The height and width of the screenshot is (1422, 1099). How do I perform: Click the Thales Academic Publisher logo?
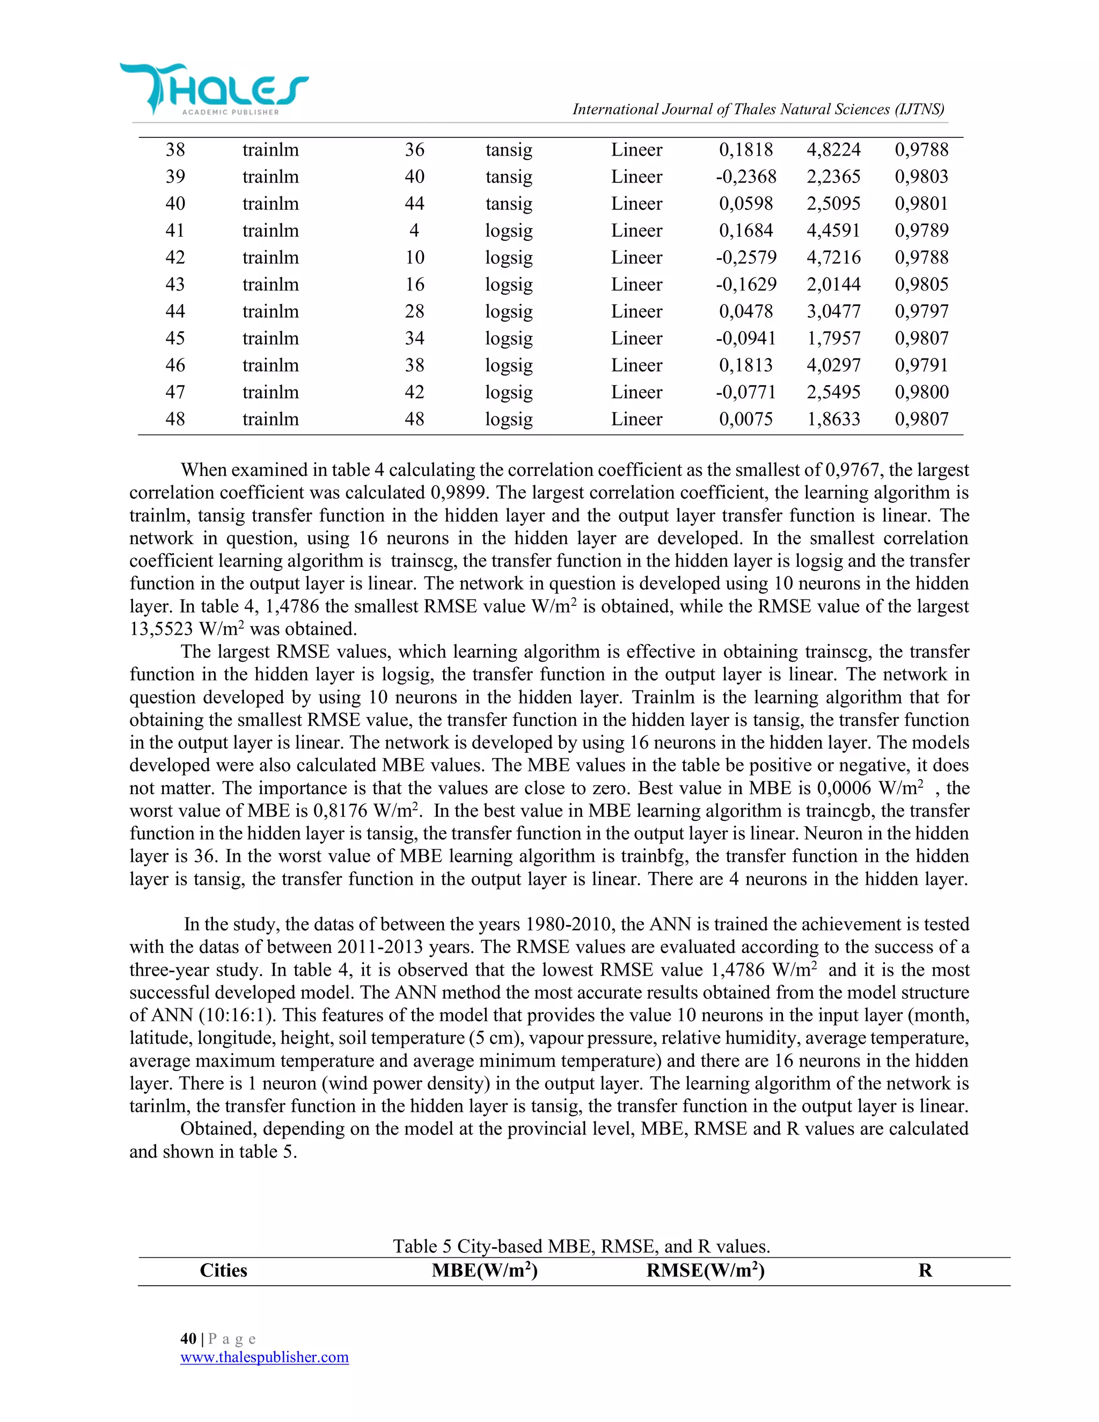coord(214,89)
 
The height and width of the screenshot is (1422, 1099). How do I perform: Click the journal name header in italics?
coord(758,109)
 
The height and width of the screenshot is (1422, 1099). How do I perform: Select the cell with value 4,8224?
coord(833,150)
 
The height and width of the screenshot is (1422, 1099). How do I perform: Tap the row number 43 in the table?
coord(175,284)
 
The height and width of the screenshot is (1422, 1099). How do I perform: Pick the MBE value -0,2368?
coord(746,177)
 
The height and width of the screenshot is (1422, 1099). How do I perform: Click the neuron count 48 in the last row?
coord(414,419)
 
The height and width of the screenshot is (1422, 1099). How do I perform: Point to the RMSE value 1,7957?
coord(833,339)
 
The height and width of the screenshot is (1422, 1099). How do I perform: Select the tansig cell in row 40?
coord(509,204)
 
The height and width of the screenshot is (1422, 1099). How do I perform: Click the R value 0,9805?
coord(921,284)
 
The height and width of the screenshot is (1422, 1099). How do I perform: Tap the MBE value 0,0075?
coord(746,419)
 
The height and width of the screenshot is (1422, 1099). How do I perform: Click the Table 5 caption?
coord(581,1246)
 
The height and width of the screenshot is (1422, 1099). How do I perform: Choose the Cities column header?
coord(223,1271)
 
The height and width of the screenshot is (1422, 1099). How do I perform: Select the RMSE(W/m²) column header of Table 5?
coord(705,1271)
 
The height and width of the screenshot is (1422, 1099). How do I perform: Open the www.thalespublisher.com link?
coord(265,1358)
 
